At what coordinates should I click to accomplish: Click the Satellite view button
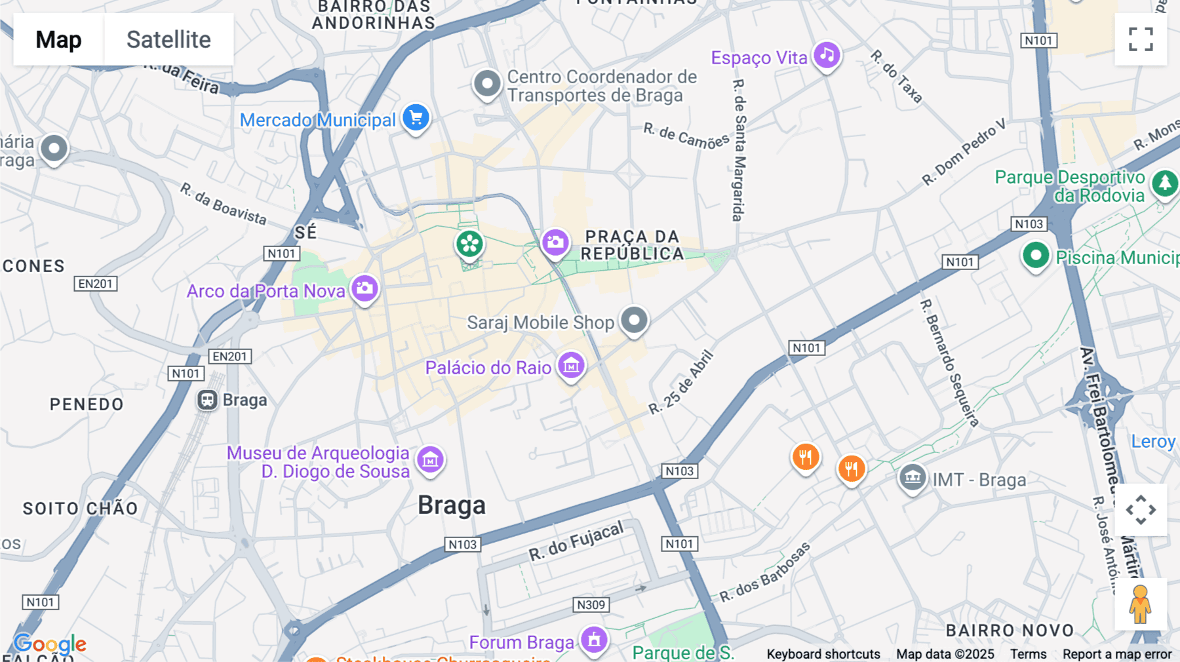click(x=168, y=39)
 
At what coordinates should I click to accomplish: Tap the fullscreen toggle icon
click(x=1141, y=39)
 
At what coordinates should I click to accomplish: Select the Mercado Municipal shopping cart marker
click(x=416, y=118)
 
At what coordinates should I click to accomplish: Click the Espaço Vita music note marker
click(x=827, y=55)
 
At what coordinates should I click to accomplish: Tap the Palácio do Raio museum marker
click(x=571, y=366)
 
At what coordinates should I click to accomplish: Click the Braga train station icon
click(x=208, y=400)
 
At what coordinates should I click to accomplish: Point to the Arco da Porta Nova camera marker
click(x=364, y=288)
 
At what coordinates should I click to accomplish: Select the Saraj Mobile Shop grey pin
click(x=634, y=321)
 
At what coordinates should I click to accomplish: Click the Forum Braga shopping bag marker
click(x=594, y=640)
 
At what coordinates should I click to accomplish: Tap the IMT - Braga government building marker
click(x=912, y=478)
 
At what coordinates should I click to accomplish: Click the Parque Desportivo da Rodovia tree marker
click(x=1165, y=184)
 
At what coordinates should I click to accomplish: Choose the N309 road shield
click(x=591, y=604)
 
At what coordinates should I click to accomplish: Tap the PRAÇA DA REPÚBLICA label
click(x=632, y=245)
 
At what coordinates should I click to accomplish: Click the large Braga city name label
click(x=452, y=505)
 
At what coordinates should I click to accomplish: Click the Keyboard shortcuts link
click(x=823, y=653)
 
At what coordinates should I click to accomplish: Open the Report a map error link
click(x=1116, y=653)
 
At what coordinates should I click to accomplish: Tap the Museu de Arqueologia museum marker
click(x=430, y=459)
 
